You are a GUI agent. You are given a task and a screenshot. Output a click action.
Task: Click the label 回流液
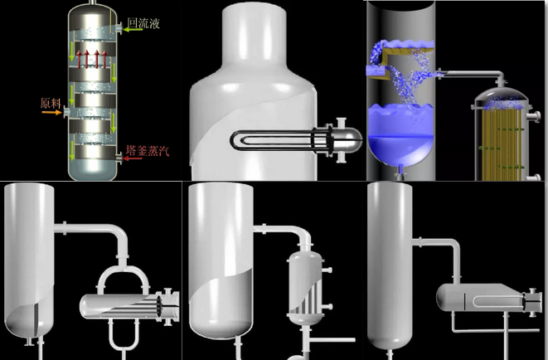(x=143, y=23)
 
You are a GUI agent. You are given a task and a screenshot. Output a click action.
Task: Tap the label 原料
(x=51, y=103)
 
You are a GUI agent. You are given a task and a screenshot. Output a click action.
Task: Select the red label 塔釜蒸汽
(x=148, y=150)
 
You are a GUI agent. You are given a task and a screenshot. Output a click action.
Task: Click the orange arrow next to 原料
(x=51, y=113)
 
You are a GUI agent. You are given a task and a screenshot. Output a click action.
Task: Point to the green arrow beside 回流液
(x=133, y=30)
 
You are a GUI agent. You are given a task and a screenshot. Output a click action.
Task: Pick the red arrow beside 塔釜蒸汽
(x=133, y=158)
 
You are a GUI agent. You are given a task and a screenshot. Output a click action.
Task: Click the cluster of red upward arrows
(x=91, y=59)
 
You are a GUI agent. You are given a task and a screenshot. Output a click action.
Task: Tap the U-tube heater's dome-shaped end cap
(x=351, y=139)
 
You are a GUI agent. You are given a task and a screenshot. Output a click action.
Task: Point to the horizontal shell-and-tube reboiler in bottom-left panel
(x=129, y=307)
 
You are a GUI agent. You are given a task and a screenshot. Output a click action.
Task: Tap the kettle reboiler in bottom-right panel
(x=489, y=298)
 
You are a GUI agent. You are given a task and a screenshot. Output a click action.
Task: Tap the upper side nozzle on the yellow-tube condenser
(x=534, y=116)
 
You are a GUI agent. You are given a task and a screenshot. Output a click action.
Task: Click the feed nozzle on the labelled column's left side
(x=66, y=112)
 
